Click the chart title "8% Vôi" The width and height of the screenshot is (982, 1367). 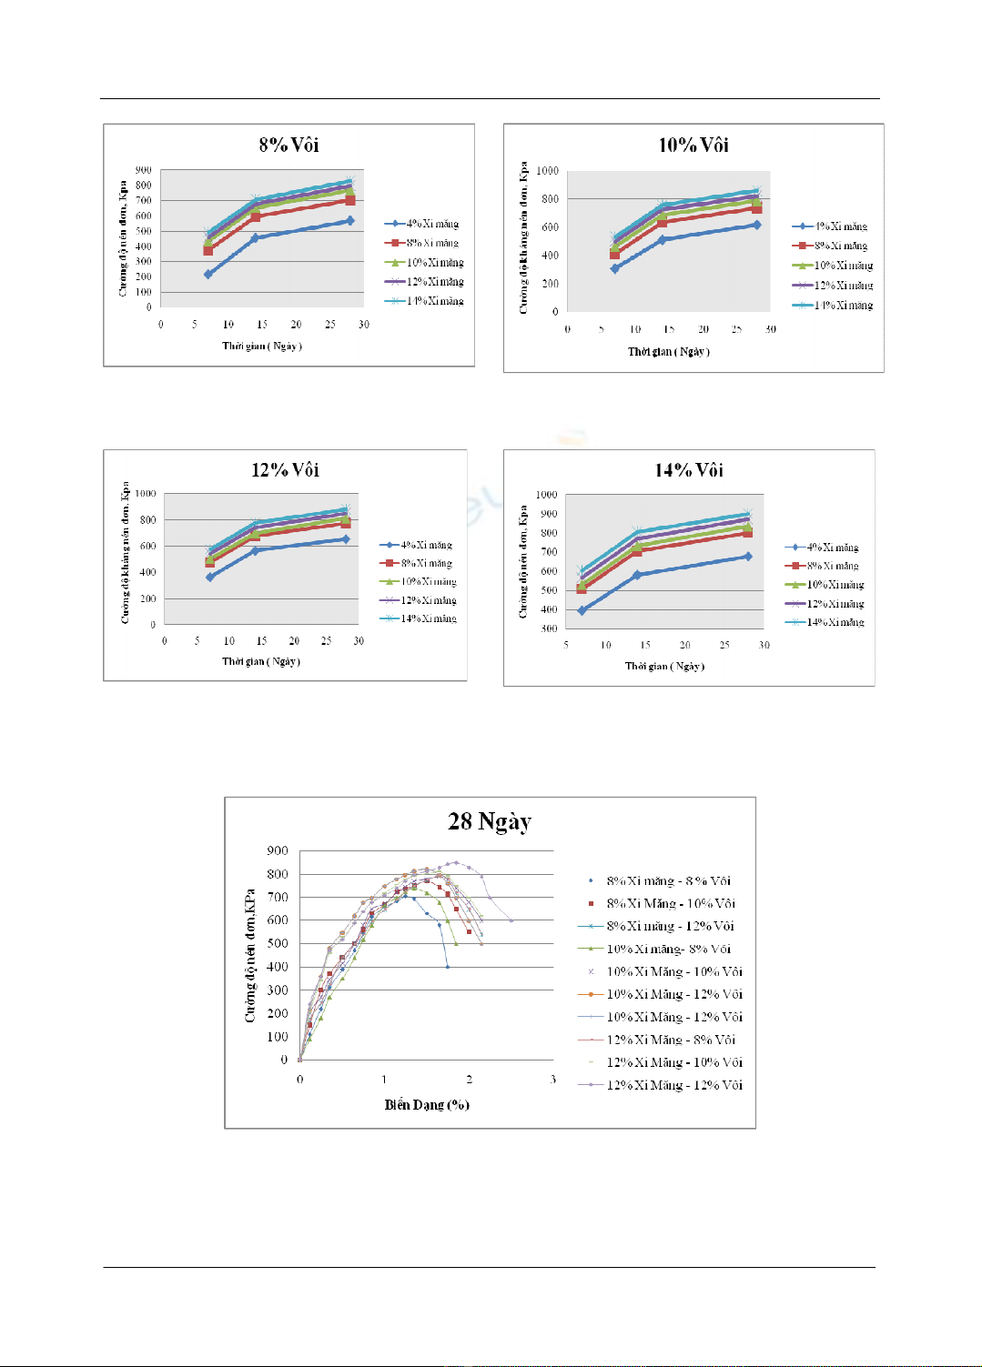(x=289, y=145)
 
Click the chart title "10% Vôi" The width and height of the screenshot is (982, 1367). (x=693, y=145)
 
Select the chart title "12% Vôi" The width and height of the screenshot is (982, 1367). (x=285, y=469)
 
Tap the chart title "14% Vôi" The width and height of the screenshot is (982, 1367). (x=689, y=469)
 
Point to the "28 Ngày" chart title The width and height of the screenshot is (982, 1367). (x=490, y=821)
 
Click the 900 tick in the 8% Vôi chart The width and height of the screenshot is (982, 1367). (x=144, y=170)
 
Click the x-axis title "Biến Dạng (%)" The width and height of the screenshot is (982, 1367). (x=427, y=1104)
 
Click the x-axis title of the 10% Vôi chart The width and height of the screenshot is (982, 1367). (x=669, y=351)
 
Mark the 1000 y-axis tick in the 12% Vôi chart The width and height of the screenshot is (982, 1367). (x=146, y=494)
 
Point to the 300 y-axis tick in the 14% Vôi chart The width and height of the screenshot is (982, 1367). (x=548, y=628)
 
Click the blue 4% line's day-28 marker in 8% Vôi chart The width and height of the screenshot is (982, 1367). (x=349, y=221)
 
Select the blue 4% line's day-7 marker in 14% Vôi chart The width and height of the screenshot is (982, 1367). (x=582, y=610)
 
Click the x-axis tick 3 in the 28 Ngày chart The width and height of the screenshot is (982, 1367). (x=552, y=1080)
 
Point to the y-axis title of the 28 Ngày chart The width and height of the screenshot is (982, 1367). (x=249, y=955)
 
